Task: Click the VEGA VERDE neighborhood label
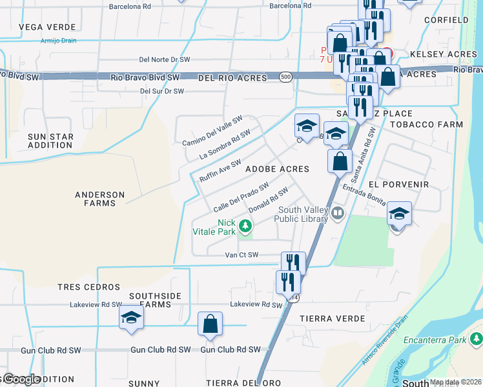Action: pos(43,27)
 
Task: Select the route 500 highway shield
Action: pos(285,77)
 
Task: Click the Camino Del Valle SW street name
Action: pos(212,131)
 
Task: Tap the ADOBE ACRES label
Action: pos(277,169)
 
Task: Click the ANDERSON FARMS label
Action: pos(99,199)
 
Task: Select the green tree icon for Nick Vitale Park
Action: pos(245,226)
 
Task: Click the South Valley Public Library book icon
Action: pos(337,213)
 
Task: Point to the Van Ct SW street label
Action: pos(241,255)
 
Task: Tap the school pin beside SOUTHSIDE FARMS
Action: pos(131,317)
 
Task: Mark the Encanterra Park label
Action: pos(435,339)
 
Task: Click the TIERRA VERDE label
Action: pos(333,319)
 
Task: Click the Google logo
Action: pos(21,379)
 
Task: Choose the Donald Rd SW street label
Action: pos(267,200)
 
